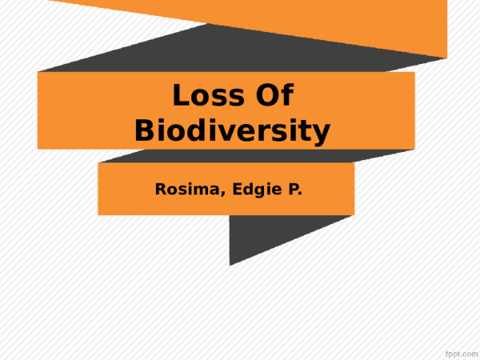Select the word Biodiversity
coord(232,130)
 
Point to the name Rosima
coord(182,190)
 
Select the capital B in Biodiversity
coord(145,130)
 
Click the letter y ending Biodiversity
coord(322,133)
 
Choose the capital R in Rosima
coord(160,190)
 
